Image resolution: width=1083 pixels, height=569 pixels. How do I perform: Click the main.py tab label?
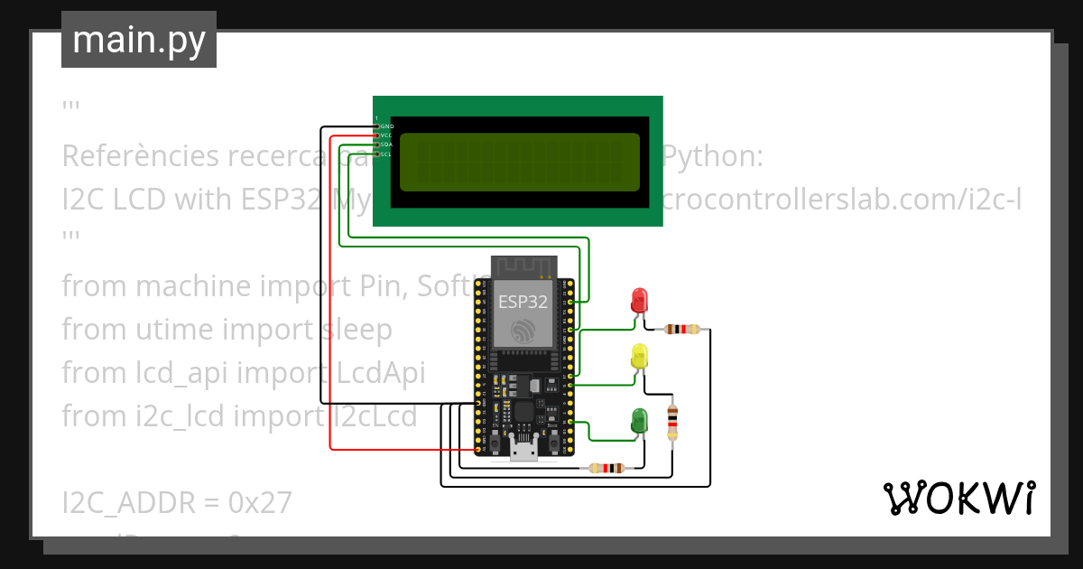tap(138, 40)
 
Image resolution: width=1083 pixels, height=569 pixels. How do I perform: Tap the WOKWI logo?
tap(958, 498)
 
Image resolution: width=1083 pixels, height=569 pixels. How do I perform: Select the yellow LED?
tap(640, 355)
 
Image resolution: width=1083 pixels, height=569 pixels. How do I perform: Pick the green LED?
tap(639, 419)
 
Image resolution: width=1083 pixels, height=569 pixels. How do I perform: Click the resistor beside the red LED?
tap(682, 330)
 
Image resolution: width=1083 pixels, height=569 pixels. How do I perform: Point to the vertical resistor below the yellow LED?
tap(671, 423)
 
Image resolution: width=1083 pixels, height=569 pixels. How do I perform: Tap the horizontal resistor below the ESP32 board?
tap(606, 468)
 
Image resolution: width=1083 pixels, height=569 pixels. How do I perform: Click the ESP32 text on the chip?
tap(523, 303)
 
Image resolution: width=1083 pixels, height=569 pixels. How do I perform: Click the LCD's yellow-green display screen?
tap(519, 163)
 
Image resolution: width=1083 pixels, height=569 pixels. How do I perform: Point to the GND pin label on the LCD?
tap(386, 126)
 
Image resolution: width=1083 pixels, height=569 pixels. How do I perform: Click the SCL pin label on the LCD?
tap(386, 154)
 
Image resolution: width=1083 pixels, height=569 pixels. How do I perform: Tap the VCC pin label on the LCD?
tap(386, 135)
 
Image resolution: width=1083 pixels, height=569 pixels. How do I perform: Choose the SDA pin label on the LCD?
tap(386, 145)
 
